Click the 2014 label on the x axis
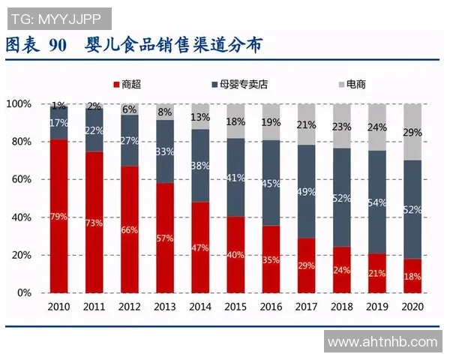[200, 307]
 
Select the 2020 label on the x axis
[412, 307]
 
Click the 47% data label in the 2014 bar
[200, 247]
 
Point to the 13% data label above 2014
[200, 117]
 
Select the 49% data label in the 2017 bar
[306, 193]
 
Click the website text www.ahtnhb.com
[382, 342]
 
